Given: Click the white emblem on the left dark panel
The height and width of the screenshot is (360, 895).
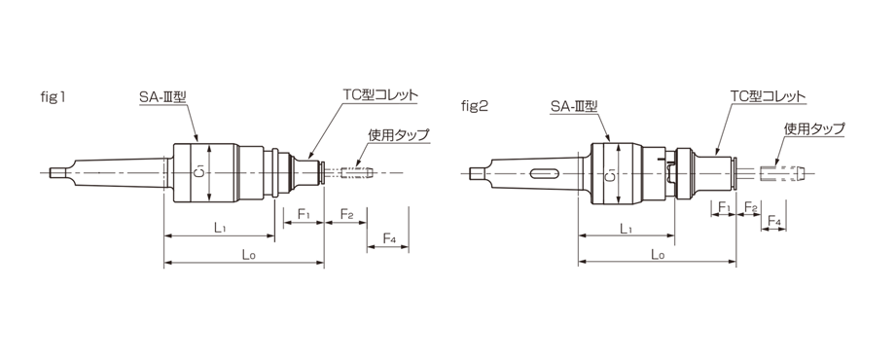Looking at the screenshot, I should click(199, 171).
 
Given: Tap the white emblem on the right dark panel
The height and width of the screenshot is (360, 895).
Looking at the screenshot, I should click(611, 175).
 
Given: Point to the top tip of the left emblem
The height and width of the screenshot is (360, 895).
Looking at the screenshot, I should click(199, 155).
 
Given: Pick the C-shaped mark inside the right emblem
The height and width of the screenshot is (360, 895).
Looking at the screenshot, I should click(611, 179).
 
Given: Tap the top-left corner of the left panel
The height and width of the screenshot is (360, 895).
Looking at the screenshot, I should click(41, 90).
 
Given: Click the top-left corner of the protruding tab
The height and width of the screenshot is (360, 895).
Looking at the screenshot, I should click(462, 99).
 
